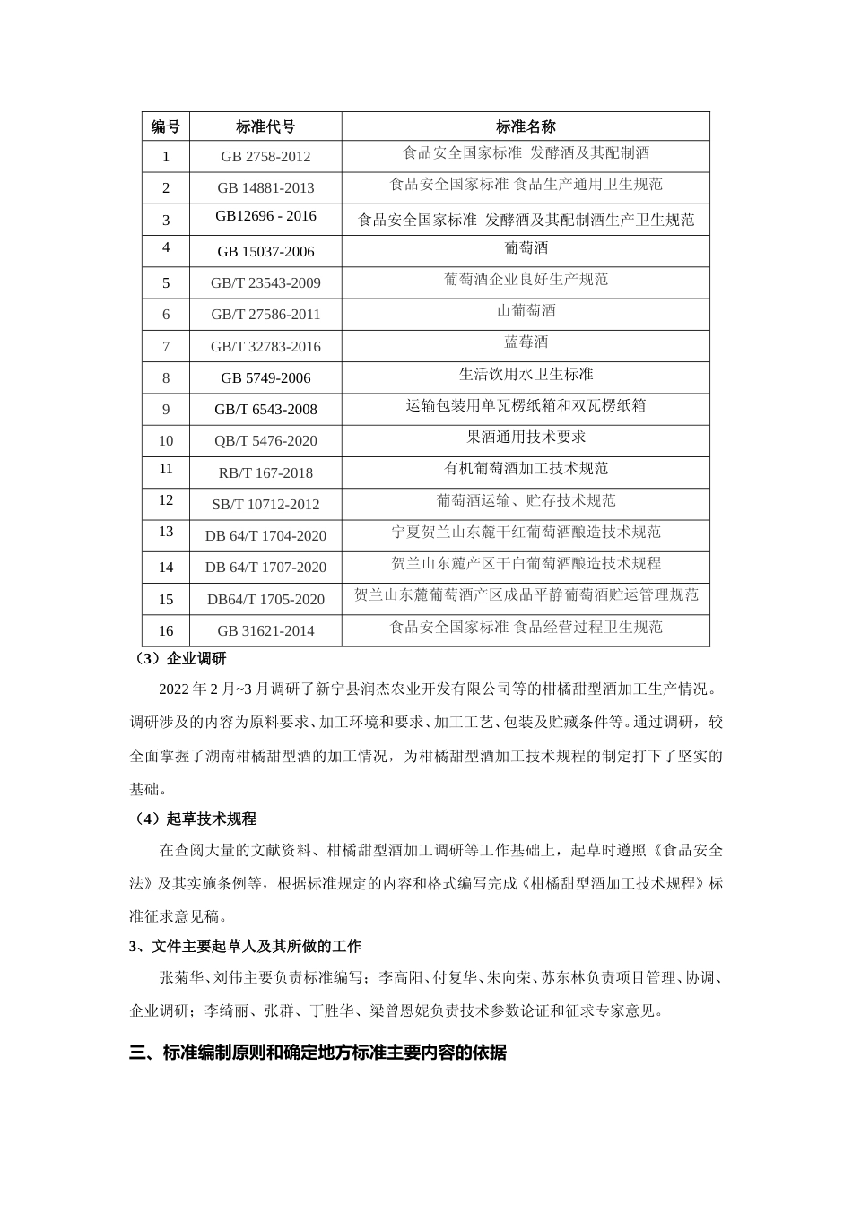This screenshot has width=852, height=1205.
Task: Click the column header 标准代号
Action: tap(265, 126)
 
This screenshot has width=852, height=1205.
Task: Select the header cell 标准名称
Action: tap(526, 126)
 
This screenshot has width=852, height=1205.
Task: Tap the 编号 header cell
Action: tap(165, 126)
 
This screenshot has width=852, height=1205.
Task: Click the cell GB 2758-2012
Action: tap(265, 156)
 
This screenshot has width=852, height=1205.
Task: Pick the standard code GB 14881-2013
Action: tap(265, 187)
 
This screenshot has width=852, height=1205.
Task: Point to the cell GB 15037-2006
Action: tap(265, 251)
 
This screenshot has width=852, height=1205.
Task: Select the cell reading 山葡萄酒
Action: tap(526, 310)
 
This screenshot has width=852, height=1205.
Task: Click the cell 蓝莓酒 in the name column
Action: tap(526, 342)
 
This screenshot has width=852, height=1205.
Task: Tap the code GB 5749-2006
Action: tap(265, 377)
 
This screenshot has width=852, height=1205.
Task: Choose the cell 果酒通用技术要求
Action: tap(526, 437)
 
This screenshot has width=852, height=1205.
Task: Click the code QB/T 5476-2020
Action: tap(265, 440)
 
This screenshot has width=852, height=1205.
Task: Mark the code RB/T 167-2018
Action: tap(265, 472)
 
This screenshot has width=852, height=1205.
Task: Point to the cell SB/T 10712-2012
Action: tap(265, 504)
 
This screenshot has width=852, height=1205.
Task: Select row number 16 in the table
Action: tap(165, 630)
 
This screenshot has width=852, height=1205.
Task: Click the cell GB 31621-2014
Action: tap(265, 630)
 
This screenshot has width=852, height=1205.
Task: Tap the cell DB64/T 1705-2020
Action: tap(265, 599)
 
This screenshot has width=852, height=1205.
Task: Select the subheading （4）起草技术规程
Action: tap(194, 819)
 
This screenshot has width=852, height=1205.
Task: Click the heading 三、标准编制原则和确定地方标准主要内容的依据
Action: tap(317, 1053)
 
